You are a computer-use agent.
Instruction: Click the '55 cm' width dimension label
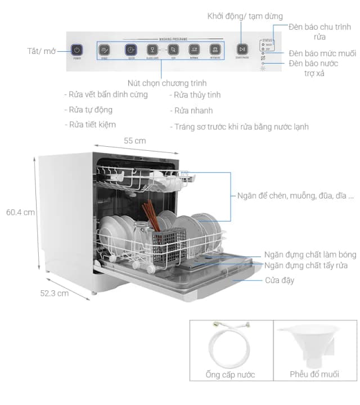[x=135, y=141]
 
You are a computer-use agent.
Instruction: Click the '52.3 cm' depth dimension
[x=54, y=292]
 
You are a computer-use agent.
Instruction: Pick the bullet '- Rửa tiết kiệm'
[x=93, y=124]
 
